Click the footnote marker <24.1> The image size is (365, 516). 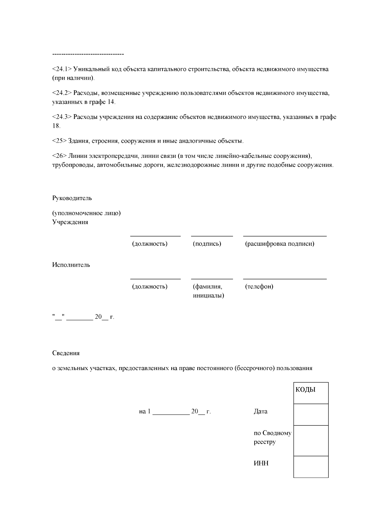(62, 69)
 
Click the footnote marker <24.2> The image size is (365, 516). (62, 93)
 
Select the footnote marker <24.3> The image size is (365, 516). (62, 117)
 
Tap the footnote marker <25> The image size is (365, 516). (59, 141)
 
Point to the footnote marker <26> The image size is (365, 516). (59, 156)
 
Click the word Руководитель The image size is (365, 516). (72, 198)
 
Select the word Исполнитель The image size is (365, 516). (71, 265)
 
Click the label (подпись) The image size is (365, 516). (207, 244)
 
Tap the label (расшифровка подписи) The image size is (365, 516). (280, 244)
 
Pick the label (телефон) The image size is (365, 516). (259, 287)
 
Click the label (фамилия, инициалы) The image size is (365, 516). (208, 291)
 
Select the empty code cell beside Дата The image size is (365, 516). (311, 414)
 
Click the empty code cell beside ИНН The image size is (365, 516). (311, 466)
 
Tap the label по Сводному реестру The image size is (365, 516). (272, 437)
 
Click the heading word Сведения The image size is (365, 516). (66, 353)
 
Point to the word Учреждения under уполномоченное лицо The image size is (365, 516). (70, 222)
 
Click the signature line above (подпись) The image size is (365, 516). (212, 236)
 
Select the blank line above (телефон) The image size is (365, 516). (285, 279)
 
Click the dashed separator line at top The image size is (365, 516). (88, 54)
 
